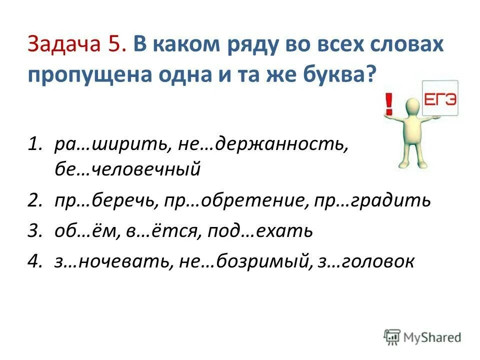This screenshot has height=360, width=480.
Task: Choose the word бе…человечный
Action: point(127,169)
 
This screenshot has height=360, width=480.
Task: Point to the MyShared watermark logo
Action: point(423,336)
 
